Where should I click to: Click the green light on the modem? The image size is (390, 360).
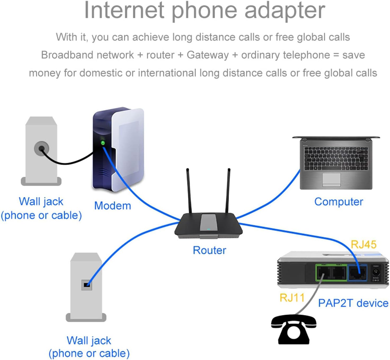click(103, 143)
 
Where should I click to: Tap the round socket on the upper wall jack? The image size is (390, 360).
click(42, 149)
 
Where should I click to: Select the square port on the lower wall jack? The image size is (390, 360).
click(87, 285)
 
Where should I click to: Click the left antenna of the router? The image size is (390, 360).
click(189, 190)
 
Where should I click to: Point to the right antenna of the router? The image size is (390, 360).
click(228, 190)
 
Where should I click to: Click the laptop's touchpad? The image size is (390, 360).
click(331, 180)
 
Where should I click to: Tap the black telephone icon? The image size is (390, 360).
click(294, 330)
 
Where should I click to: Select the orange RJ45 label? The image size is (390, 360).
click(364, 244)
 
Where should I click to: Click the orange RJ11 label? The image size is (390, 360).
click(292, 298)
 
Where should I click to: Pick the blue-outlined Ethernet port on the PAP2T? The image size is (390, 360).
click(358, 273)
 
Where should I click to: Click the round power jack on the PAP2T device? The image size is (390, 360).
click(375, 272)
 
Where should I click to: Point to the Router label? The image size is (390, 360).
click(209, 250)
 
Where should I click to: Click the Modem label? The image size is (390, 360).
click(113, 206)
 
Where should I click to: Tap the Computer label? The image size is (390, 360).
click(339, 202)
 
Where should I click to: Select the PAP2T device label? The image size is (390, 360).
click(353, 303)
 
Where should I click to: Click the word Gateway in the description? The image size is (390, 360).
click(208, 55)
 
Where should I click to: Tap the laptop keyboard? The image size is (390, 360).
click(336, 158)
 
